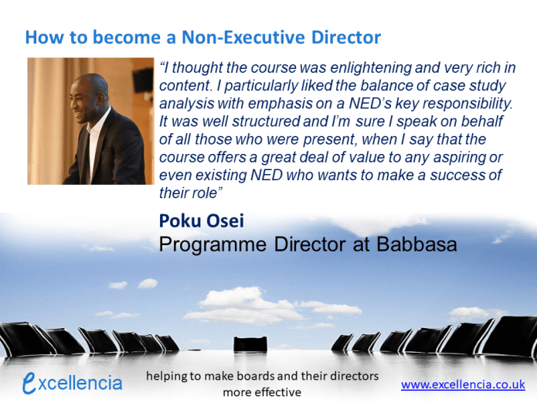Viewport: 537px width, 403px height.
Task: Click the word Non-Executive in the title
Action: point(243,37)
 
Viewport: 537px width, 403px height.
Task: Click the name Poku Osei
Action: point(202,220)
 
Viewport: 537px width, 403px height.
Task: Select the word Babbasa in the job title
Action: point(416,244)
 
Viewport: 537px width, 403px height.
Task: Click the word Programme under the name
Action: point(212,245)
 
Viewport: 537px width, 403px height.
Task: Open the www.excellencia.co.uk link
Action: point(463,384)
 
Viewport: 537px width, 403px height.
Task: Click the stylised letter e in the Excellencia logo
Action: point(29,382)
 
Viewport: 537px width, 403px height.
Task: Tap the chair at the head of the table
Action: point(250,344)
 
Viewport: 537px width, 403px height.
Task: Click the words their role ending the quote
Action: point(191,193)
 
